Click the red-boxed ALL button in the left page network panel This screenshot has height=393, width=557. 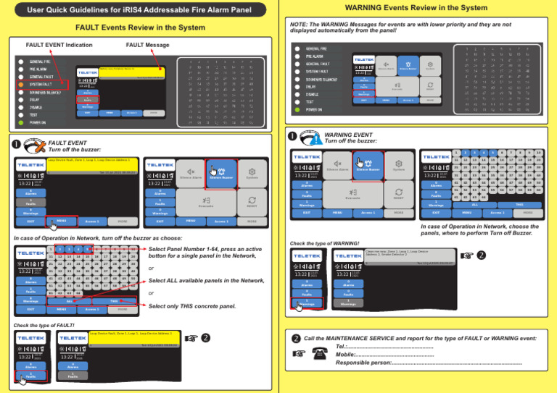coord(69,300)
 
